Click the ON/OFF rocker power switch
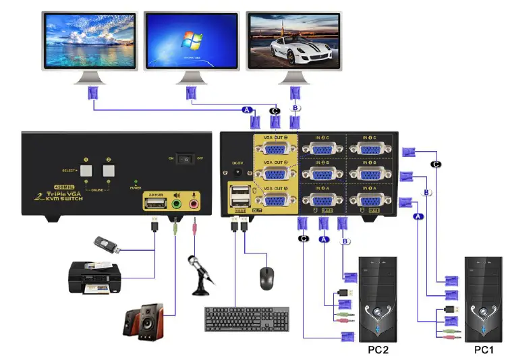click(183, 160)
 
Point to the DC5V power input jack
click(237, 173)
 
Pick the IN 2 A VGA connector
click(322, 200)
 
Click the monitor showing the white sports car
click(293, 41)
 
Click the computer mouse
click(267, 276)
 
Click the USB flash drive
click(106, 245)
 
